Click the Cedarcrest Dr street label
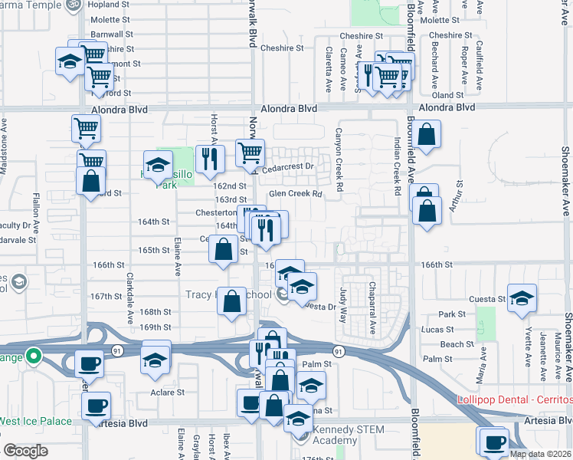[289, 166]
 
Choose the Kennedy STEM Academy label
[335, 435]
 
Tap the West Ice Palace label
[34, 422]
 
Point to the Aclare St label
[169, 393]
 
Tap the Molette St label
[112, 19]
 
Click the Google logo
[25, 451]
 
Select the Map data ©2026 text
[540, 454]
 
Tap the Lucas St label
[437, 330]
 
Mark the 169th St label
[156, 327]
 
